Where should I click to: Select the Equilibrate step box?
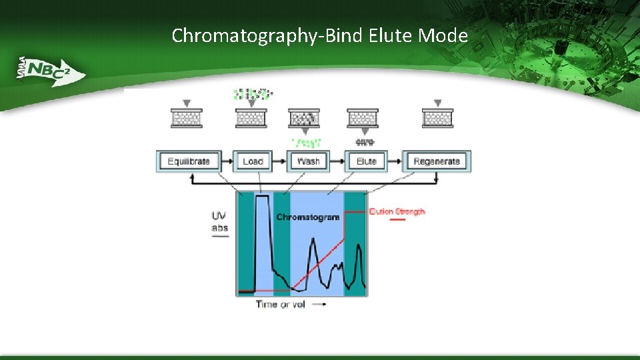click(x=189, y=161)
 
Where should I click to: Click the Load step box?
click(x=253, y=161)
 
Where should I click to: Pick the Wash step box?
click(x=308, y=161)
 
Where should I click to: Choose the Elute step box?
click(x=366, y=161)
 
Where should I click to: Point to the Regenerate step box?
click(x=437, y=161)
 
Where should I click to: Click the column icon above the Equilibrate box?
click(x=186, y=118)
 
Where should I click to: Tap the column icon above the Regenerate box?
click(x=437, y=118)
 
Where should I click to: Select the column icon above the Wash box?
click(x=304, y=118)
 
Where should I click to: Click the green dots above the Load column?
click(x=251, y=94)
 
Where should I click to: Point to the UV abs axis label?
click(x=219, y=222)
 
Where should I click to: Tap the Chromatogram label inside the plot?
click(x=307, y=217)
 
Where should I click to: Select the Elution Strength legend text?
click(x=397, y=211)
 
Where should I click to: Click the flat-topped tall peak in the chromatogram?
click(x=261, y=198)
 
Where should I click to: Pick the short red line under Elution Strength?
click(x=396, y=220)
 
